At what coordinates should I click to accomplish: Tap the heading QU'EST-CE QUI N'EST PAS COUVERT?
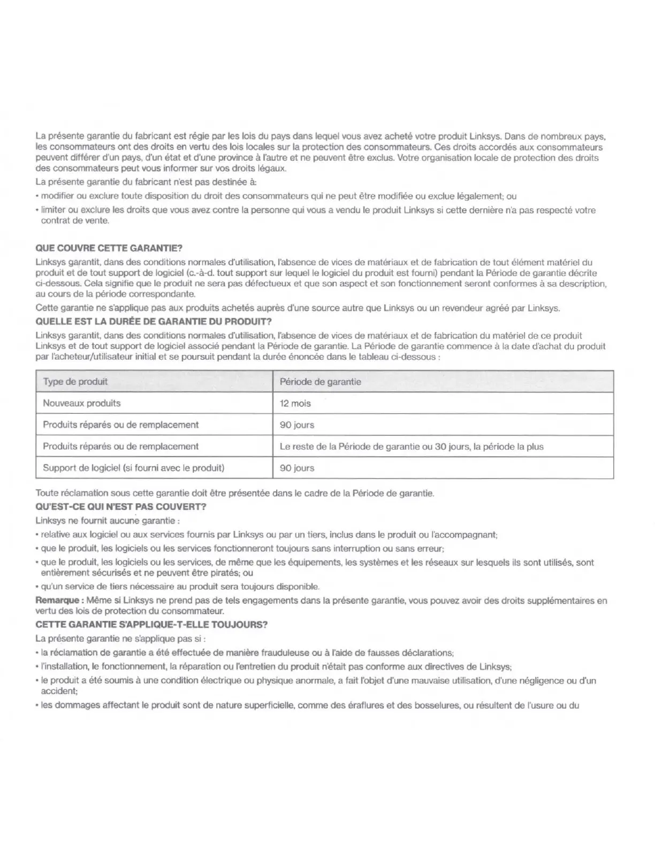(x=121, y=506)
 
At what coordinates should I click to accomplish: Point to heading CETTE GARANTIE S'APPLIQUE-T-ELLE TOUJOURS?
(x=151, y=624)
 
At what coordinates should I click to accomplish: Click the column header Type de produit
(x=75, y=382)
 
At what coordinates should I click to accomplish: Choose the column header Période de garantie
(x=320, y=382)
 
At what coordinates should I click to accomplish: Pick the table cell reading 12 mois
(x=295, y=403)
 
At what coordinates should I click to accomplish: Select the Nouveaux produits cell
(x=82, y=403)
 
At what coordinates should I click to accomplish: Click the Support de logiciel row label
(x=133, y=468)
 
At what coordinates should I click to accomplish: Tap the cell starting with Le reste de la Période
(x=412, y=446)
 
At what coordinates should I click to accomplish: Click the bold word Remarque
(x=58, y=601)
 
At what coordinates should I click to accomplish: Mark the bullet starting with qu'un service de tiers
(x=180, y=587)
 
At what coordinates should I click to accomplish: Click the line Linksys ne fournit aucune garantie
(x=108, y=520)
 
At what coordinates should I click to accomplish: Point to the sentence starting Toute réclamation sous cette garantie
(x=235, y=493)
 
